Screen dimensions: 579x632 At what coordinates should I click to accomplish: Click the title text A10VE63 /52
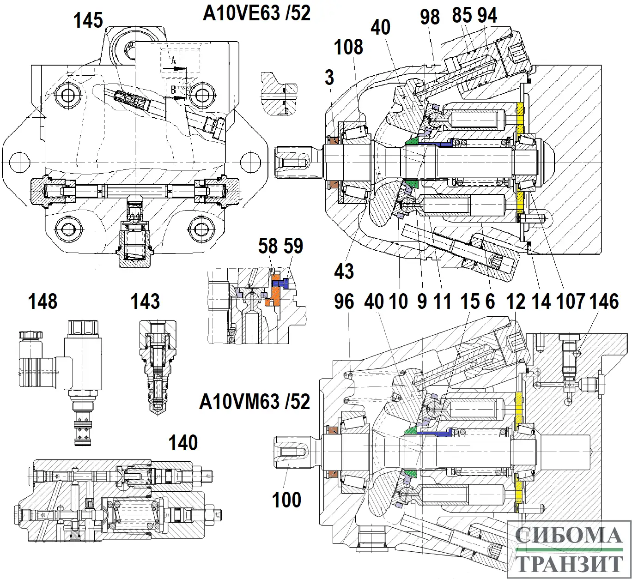257,13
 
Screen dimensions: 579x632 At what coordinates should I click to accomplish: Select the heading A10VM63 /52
255,401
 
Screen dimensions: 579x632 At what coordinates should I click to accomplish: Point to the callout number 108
349,47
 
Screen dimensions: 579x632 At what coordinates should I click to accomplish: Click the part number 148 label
43,302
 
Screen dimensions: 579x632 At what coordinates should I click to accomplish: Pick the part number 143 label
146,302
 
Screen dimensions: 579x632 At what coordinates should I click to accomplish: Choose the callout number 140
183,443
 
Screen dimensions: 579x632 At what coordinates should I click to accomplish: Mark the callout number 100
286,500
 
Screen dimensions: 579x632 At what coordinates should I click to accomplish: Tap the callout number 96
344,302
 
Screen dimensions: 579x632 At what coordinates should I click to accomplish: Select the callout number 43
344,271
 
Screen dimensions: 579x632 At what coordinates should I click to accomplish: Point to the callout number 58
268,246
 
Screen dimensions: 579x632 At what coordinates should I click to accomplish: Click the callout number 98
430,17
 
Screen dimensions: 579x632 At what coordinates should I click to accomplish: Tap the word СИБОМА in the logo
568,536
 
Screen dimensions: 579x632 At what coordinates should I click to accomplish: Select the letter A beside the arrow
174,61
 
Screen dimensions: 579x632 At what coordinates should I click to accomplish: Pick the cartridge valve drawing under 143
157,365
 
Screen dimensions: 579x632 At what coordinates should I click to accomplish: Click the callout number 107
571,302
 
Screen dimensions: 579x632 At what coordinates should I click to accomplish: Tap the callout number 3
329,78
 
